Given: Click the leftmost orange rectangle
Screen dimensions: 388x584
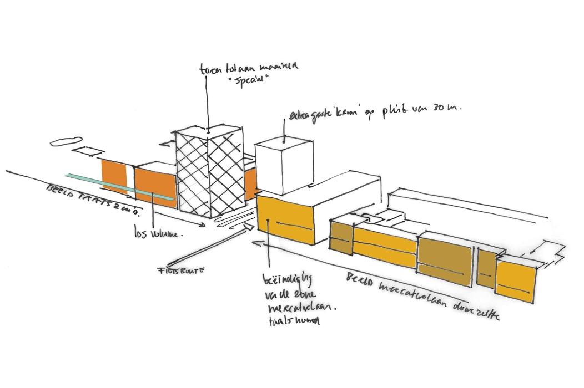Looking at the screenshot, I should coord(113,177).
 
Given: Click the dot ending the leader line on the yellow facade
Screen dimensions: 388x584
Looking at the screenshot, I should coord(268,221).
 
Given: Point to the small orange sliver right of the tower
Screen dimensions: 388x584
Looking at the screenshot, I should coord(250,183).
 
